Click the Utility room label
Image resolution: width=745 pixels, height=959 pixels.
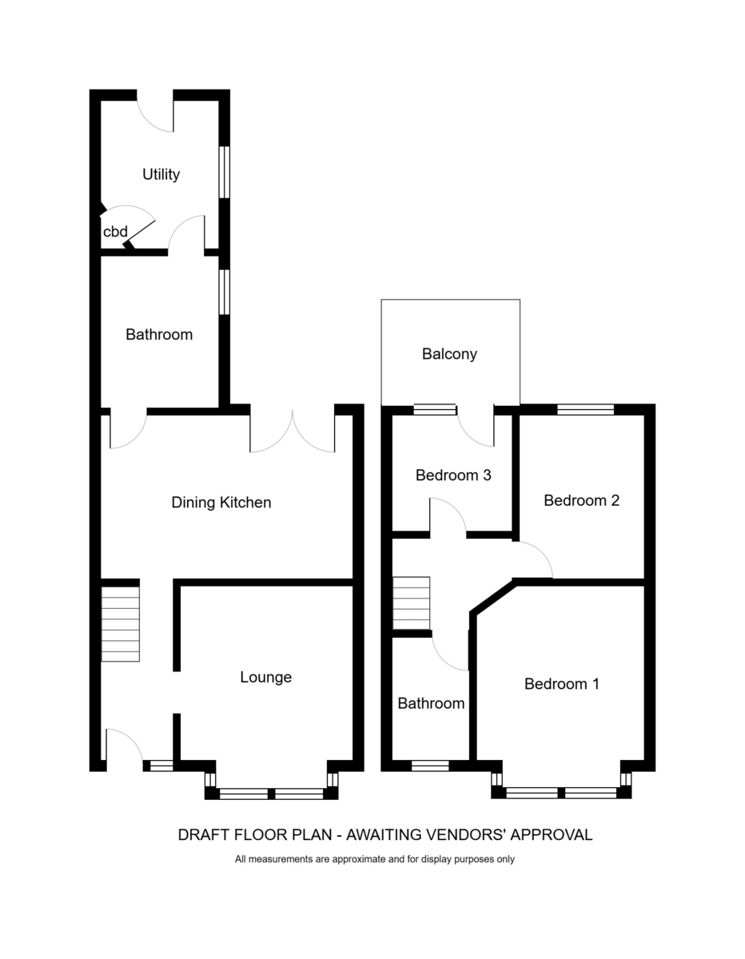(161, 174)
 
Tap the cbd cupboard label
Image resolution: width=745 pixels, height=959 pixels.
(115, 232)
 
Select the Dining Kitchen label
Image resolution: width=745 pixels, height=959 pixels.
(221, 503)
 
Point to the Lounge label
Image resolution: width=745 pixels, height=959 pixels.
(266, 678)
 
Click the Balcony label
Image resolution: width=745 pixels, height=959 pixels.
(449, 354)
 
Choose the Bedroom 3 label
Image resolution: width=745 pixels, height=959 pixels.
(453, 476)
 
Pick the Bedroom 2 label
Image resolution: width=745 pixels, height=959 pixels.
(582, 501)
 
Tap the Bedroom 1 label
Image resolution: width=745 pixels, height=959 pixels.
(562, 684)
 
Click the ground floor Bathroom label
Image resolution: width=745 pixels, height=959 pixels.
(159, 335)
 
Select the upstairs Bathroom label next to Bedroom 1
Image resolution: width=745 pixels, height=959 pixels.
(431, 704)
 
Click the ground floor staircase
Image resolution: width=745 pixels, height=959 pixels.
(120, 624)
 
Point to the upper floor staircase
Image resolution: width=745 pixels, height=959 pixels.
(412, 603)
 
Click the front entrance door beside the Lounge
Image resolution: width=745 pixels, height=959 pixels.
(123, 747)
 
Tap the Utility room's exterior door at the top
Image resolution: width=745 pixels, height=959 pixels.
(155, 112)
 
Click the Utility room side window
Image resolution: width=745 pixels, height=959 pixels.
(225, 172)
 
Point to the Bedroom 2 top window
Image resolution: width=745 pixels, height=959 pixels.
(585, 410)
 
